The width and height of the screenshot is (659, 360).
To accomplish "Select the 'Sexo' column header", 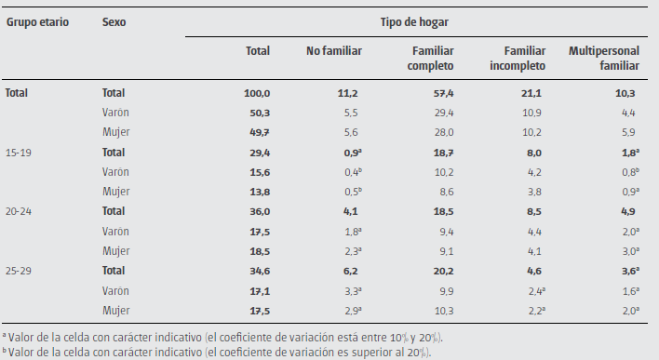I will (x=114, y=20).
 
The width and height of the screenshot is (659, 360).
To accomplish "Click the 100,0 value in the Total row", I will (x=256, y=93).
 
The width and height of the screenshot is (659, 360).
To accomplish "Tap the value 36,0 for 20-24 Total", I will (x=258, y=211).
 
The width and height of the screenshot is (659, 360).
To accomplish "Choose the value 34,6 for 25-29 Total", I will (x=258, y=271).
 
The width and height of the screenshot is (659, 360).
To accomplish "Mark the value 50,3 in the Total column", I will (x=258, y=113).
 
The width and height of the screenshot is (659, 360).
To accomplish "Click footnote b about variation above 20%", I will (x=219, y=352).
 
